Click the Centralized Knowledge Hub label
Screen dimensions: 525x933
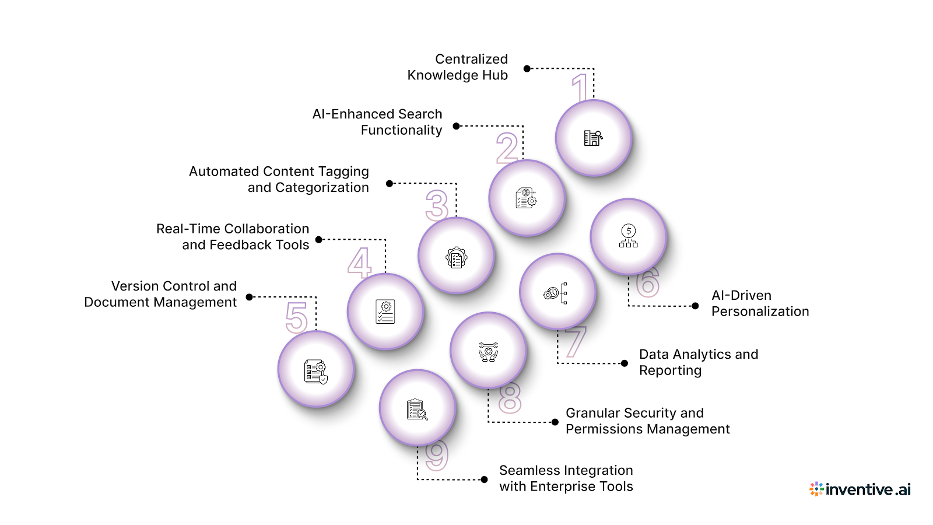[458, 67]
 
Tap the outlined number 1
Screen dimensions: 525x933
[580, 87]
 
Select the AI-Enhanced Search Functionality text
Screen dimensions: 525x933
[378, 122]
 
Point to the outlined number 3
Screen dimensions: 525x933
[437, 205]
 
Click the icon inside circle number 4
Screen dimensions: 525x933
[385, 311]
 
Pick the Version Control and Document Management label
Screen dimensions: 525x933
[161, 294]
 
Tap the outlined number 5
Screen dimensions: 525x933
[297, 317]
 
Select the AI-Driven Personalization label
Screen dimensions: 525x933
[760, 303]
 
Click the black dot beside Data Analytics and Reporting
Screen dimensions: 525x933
[625, 363]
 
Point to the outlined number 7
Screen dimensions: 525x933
[575, 341]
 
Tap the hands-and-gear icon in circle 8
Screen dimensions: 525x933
[488, 351]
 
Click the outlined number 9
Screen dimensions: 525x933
[437, 455]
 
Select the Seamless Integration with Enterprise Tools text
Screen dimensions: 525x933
[566, 478]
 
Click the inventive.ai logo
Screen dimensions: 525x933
[860, 489]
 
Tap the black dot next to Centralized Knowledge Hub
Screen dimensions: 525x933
[527, 69]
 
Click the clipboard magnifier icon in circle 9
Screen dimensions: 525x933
[417, 409]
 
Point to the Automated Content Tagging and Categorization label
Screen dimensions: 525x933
[279, 179]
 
